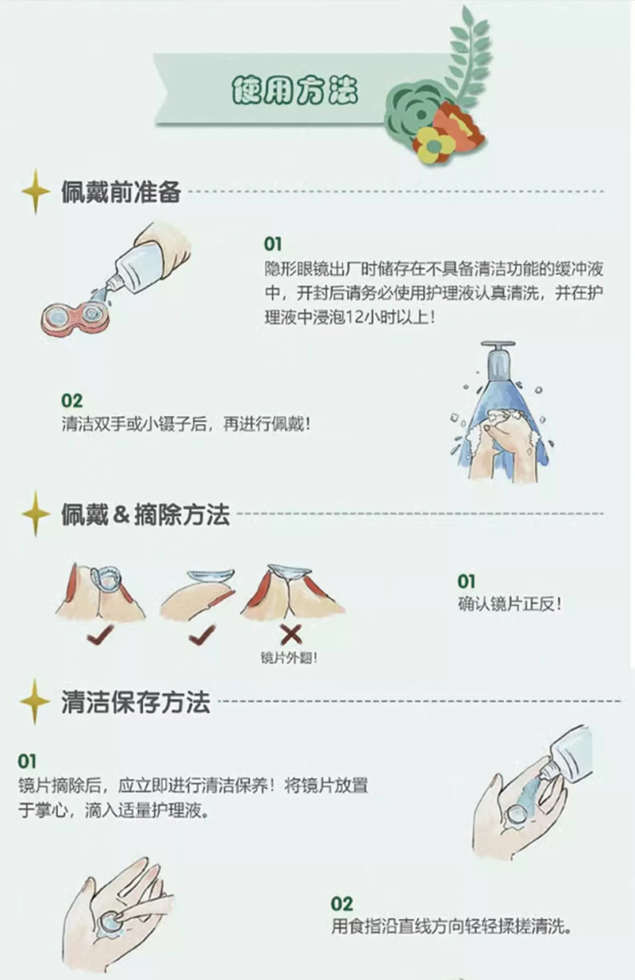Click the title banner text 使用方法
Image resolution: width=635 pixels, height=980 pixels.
pos(294,91)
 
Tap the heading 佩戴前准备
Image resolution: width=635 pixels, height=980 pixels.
pos(121,191)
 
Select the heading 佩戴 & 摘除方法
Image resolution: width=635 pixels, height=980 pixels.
pos(145,514)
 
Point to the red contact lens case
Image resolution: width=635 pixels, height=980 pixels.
pos(75,319)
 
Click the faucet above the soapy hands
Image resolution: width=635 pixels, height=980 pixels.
pos(497,360)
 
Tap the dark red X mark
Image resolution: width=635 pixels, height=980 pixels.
pos(291,635)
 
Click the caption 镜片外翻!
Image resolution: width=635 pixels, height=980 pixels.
pos(289,658)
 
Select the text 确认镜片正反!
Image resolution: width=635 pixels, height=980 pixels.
pos(510,604)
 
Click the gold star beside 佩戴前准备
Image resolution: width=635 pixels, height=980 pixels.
pos(36,191)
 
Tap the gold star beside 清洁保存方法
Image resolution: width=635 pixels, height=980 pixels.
pos(35,701)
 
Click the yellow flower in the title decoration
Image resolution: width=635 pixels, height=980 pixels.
pos(434,145)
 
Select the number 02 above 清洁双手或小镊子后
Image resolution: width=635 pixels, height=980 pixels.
pos(71,401)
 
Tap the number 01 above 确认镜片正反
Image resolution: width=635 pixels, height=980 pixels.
pos(466,581)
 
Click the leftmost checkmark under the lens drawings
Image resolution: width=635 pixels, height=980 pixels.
pos(100,635)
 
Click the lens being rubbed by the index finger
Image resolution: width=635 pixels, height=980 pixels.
pos(109,920)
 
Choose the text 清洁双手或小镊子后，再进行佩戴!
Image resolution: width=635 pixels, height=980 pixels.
pos(187,424)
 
